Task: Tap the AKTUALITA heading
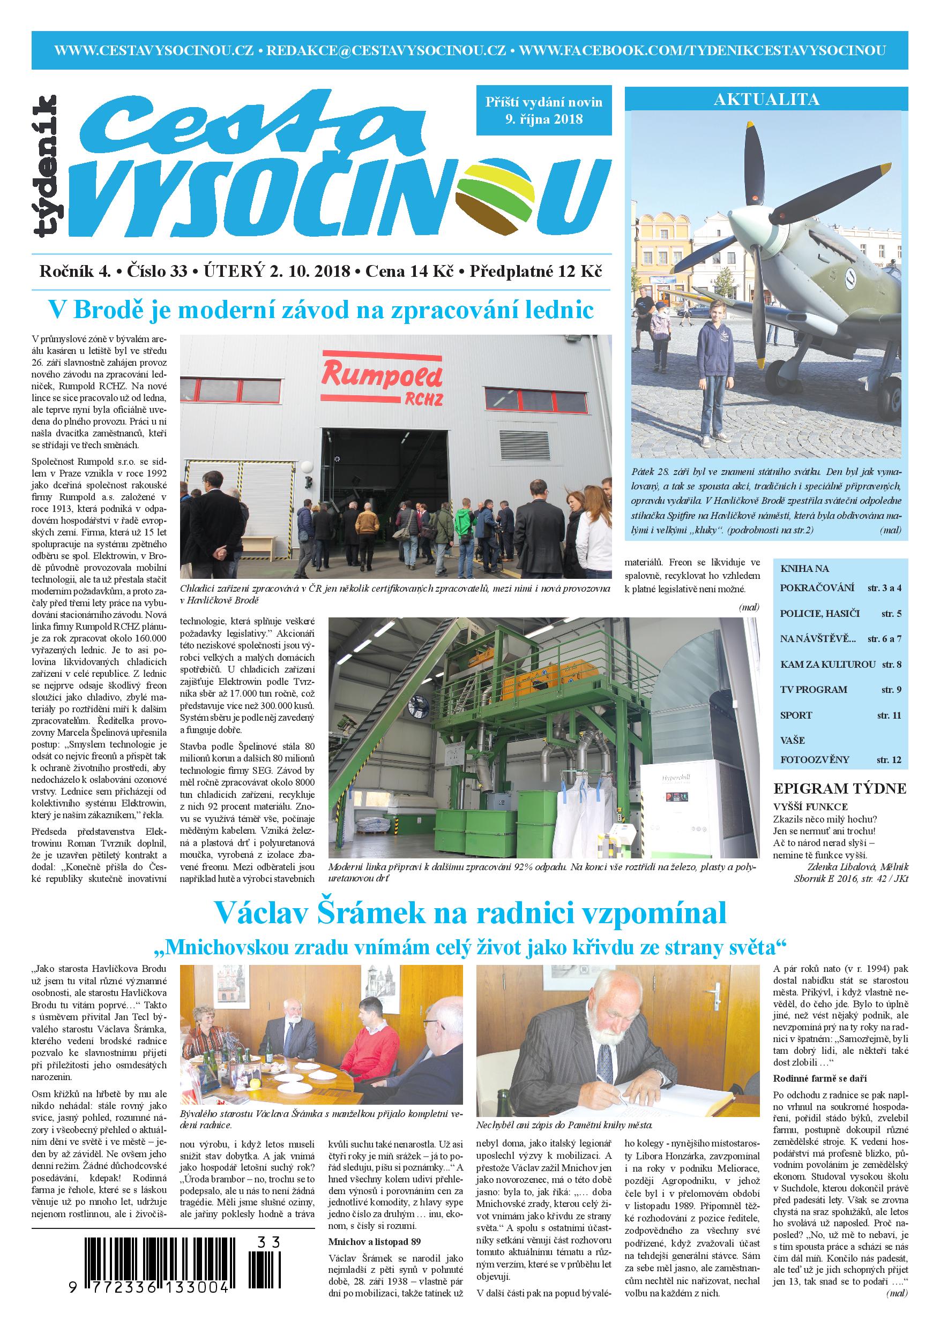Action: (766, 100)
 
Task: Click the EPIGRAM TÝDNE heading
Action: (840, 788)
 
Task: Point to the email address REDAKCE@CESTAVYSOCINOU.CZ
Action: (386, 50)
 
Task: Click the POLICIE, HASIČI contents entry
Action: (819, 613)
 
